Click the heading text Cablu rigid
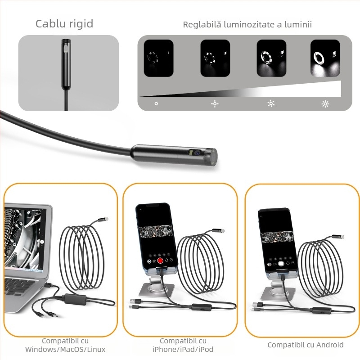[x=64, y=24]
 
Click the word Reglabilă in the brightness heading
[x=199, y=25]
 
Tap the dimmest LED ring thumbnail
[x=158, y=58]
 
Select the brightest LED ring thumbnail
[x=325, y=58]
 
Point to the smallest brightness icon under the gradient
[x=156, y=103]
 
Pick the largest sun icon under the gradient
[x=325, y=104]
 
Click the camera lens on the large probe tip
[x=198, y=153]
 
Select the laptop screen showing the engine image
[x=25, y=238]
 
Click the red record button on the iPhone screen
[x=160, y=261]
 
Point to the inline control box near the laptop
[x=75, y=298]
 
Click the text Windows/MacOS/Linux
[x=65, y=349]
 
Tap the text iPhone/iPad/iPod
[x=183, y=349]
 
